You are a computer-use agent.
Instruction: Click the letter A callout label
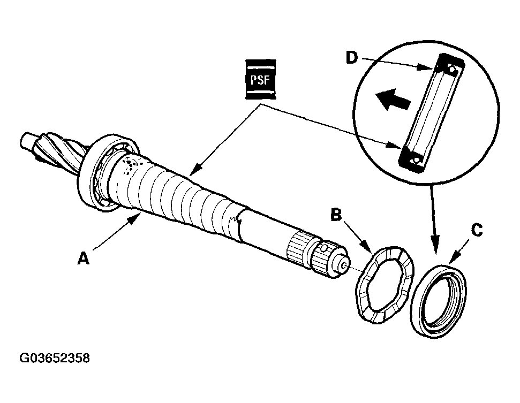tap(82, 258)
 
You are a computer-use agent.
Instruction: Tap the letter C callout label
tap(476, 231)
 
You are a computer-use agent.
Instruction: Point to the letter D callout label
tap(351, 58)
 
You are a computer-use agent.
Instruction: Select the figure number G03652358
tap(55, 358)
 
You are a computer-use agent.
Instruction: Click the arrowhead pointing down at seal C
tap(435, 247)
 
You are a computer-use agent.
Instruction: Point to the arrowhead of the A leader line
tap(138, 217)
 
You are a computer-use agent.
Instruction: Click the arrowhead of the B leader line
tap(368, 250)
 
